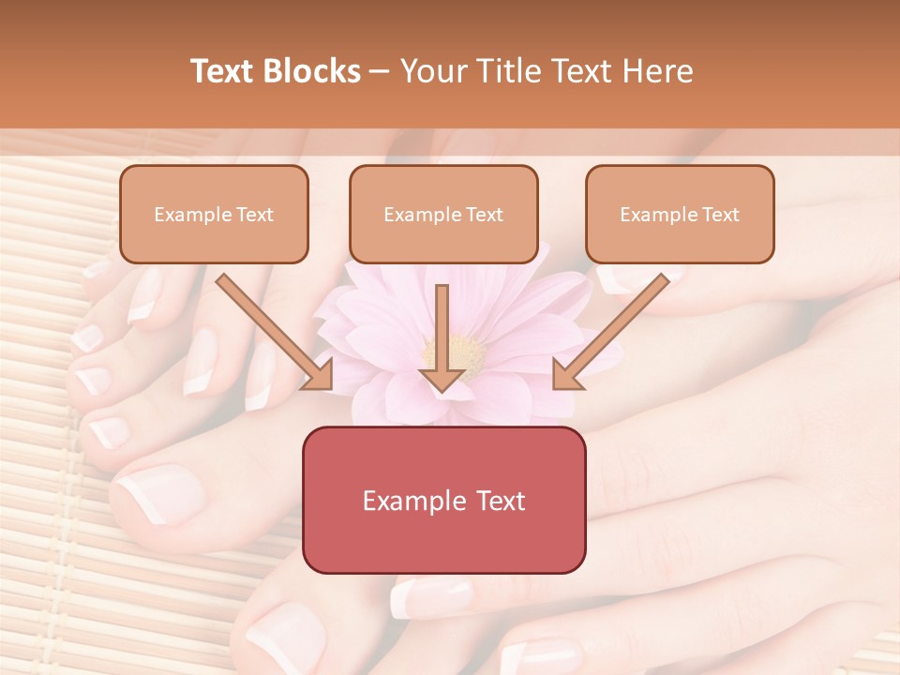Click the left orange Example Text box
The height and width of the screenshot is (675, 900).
click(214, 214)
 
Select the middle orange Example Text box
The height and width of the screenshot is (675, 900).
click(443, 214)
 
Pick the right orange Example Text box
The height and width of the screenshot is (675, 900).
click(680, 214)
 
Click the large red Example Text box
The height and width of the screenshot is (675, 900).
click(443, 500)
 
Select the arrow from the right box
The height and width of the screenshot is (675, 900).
click(614, 332)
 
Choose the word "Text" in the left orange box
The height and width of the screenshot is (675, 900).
click(253, 215)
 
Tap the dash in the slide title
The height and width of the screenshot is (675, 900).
click(381, 71)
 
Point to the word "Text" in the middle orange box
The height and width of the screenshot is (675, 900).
click(483, 215)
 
